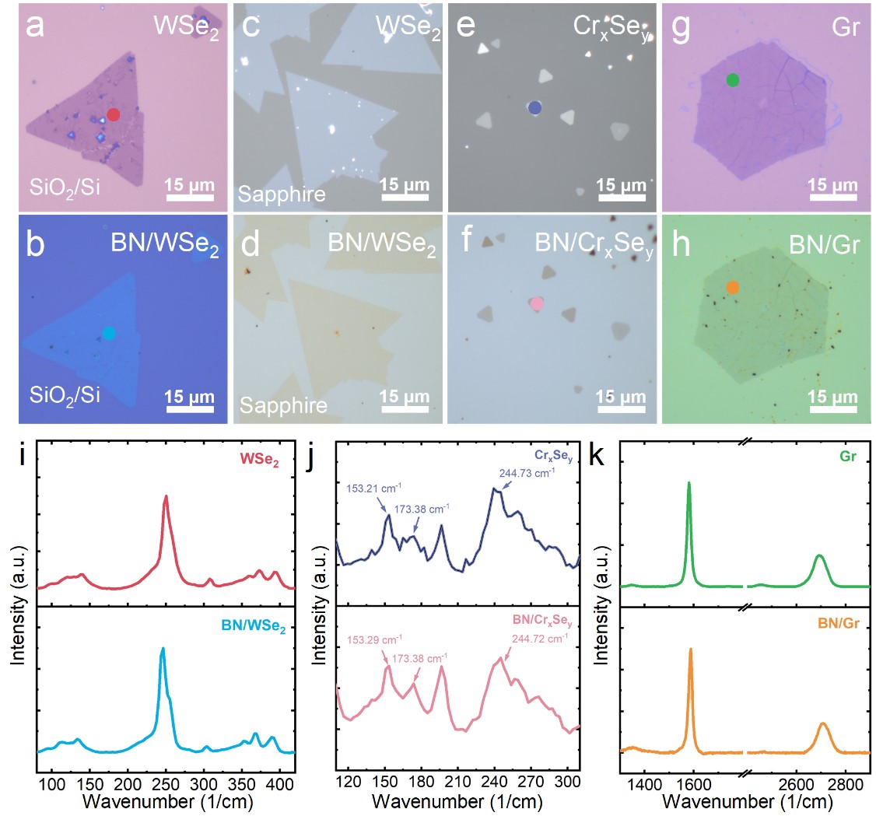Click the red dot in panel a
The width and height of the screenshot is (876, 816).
(113, 114)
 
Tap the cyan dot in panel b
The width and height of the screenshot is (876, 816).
(108, 333)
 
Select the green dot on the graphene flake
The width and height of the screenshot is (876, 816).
(732, 80)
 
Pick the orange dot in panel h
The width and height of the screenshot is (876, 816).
(732, 287)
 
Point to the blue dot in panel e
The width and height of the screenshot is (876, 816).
(534, 108)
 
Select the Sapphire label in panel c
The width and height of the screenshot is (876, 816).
(282, 194)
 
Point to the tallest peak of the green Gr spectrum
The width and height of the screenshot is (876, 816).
(689, 483)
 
